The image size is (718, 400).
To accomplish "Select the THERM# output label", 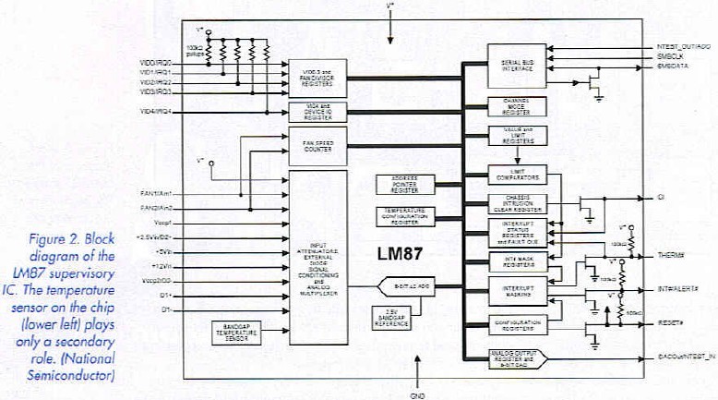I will pyautogui.click(x=672, y=256).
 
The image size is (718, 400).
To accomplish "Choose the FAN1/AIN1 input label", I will pyautogui.click(x=154, y=193).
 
